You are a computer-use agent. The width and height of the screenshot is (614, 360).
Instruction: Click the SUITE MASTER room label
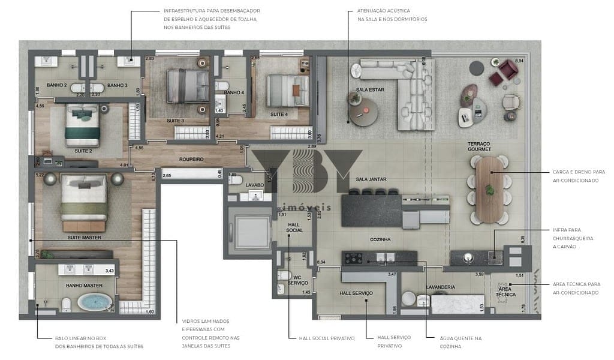pyautogui.click(x=83, y=238)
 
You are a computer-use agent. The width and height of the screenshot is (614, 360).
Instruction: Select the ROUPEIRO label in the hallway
pyautogui.click(x=192, y=160)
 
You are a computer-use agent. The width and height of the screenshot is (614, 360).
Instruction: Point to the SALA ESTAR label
pyautogui.click(x=369, y=90)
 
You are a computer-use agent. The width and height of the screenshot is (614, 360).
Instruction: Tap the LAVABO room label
pyautogui.click(x=254, y=185)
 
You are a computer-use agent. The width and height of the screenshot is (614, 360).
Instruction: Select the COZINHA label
pyautogui.click(x=380, y=239)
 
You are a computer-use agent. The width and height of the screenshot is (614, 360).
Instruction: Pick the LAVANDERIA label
pyautogui.click(x=441, y=287)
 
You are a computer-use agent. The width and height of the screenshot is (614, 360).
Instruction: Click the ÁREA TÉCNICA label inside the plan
pyautogui.click(x=505, y=292)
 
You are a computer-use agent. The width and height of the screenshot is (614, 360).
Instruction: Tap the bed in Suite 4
pyautogui.click(x=282, y=90)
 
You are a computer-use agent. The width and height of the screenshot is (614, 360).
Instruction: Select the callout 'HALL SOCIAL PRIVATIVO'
pyautogui.click(x=327, y=338)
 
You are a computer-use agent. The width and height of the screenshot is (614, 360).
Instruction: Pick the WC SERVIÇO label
pyautogui.click(x=298, y=279)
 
